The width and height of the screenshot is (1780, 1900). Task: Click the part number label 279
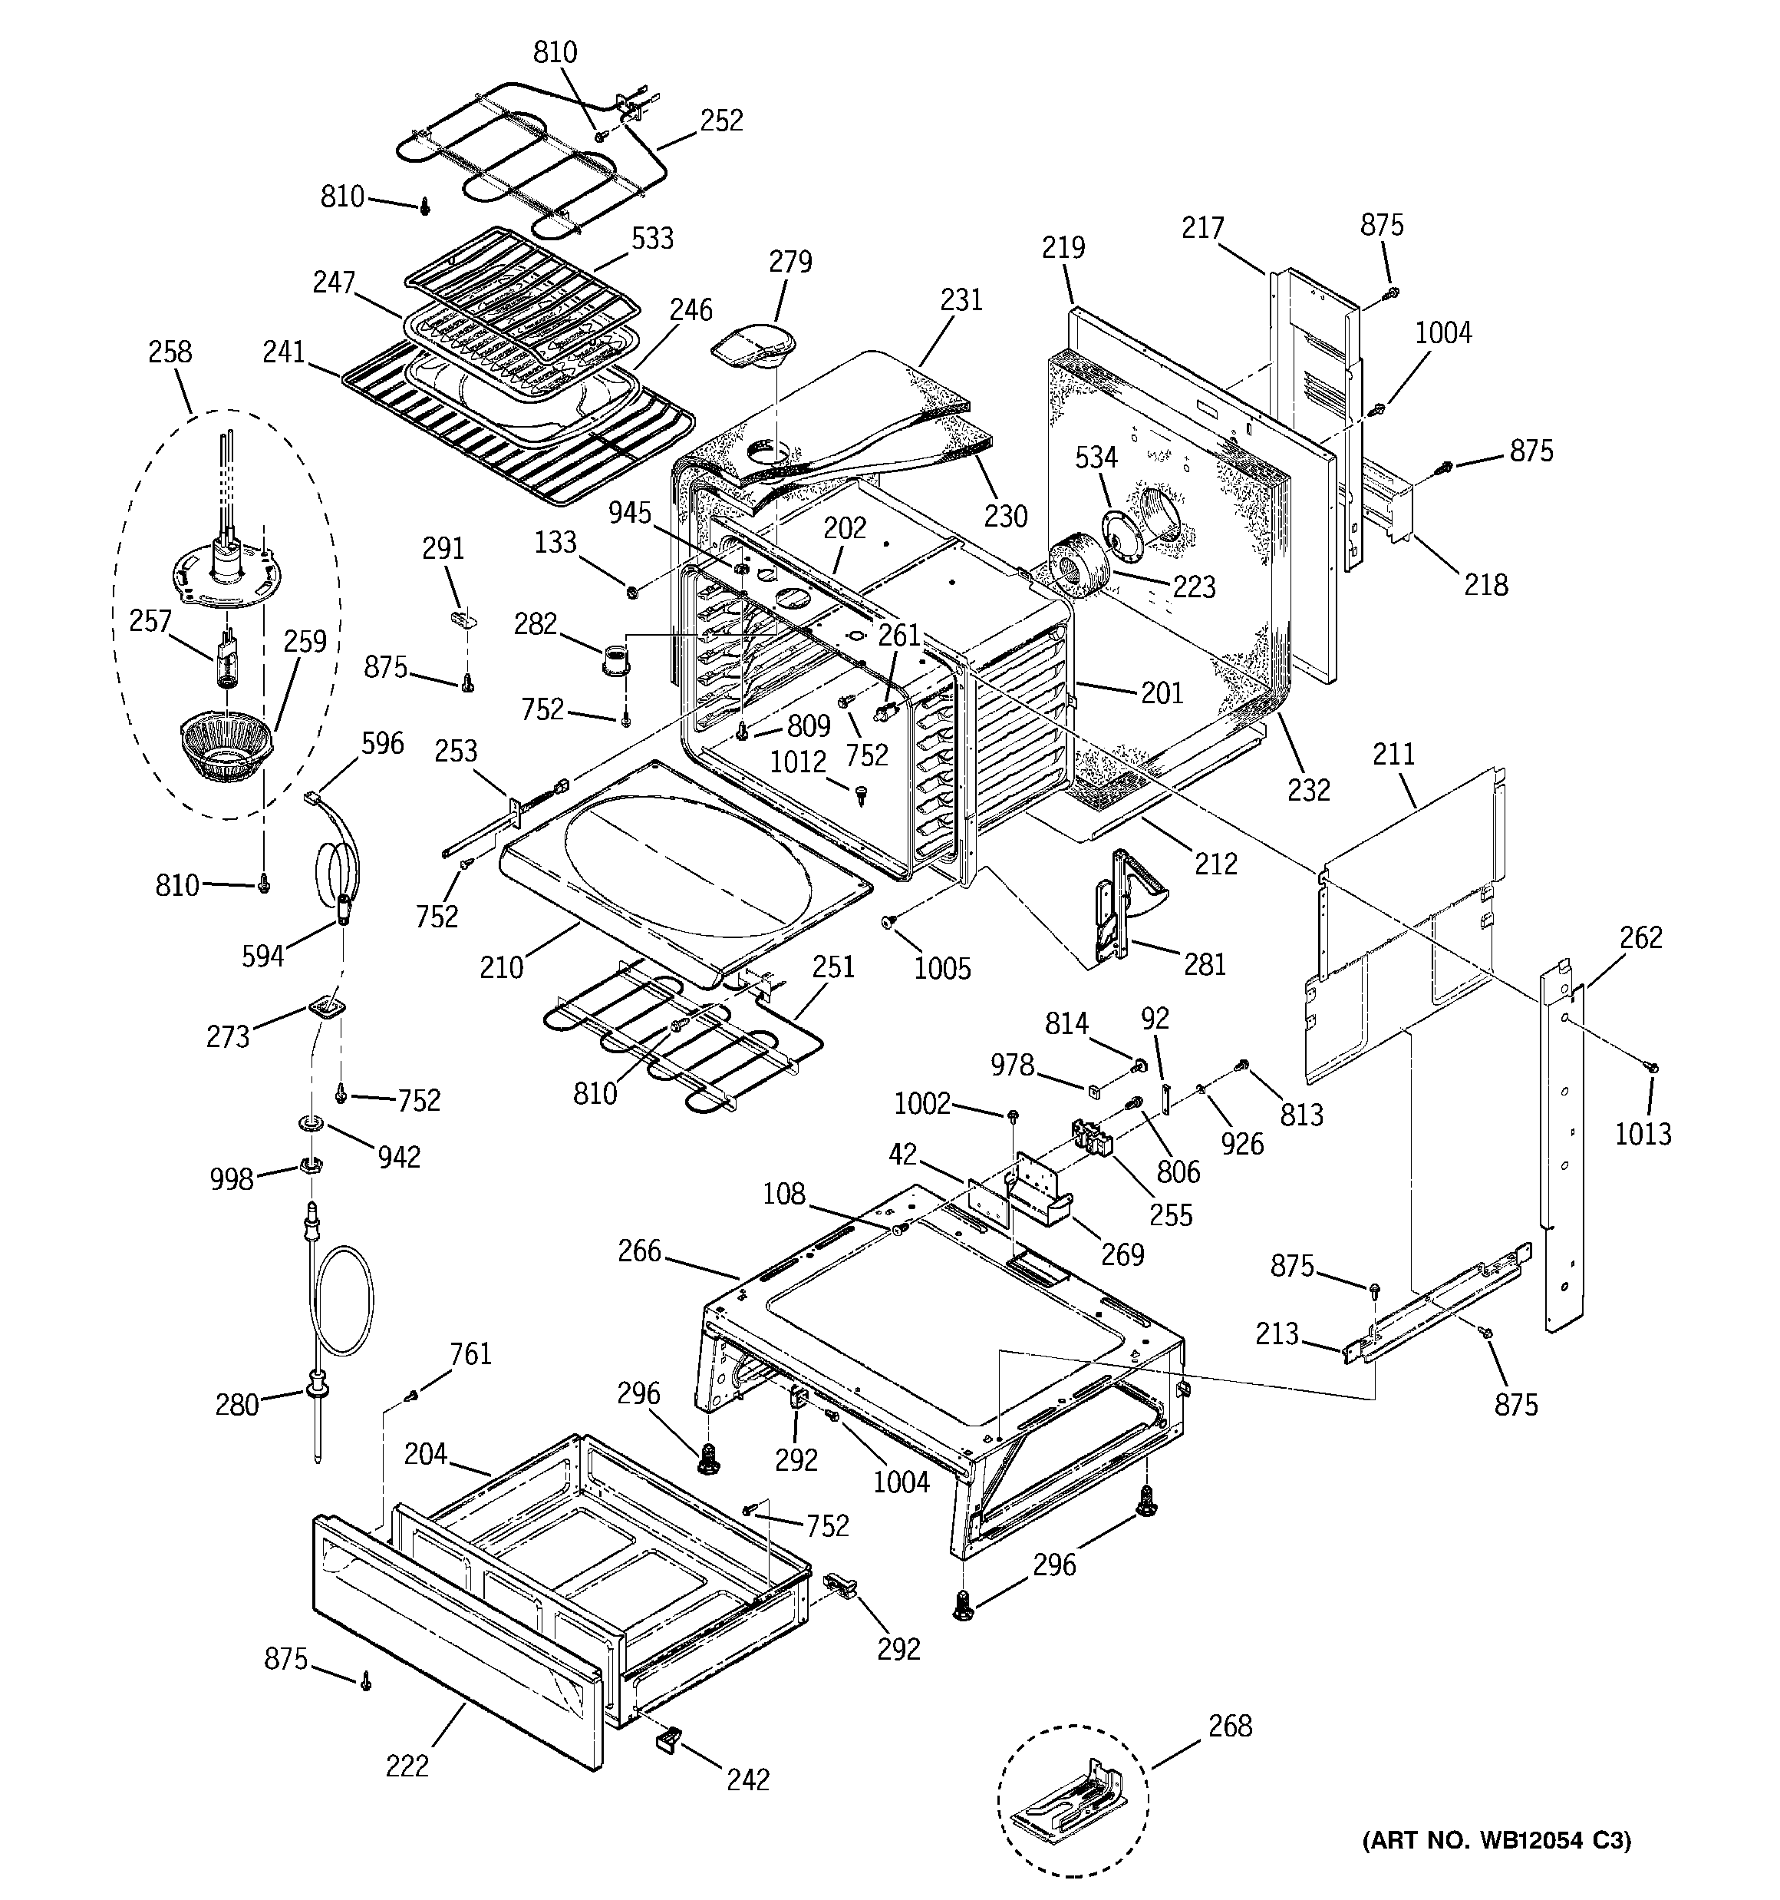790,262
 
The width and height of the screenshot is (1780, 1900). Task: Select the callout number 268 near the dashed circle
1230,1726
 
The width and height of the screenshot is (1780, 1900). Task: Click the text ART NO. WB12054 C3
1496,1841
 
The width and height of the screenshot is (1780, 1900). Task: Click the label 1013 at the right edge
1643,1134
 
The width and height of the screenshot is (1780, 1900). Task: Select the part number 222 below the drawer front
407,1766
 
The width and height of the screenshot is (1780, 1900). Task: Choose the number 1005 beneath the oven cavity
942,968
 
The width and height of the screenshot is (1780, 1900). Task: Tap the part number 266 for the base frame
639,1251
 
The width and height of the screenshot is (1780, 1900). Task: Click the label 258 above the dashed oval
170,352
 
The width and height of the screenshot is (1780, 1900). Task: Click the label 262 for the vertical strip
1641,937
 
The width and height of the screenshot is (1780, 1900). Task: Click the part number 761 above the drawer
470,1353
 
